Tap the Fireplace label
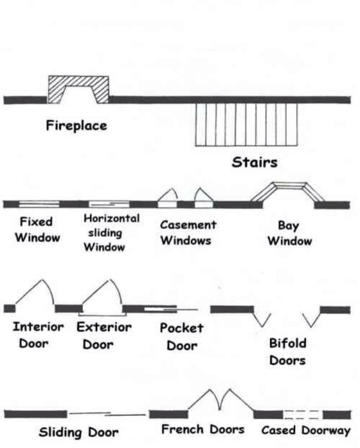pos(76,125)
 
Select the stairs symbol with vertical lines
pos(246,124)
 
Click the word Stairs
pos(255,162)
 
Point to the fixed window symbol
pos(39,204)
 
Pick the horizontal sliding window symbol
pos(109,204)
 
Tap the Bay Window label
pos(289,233)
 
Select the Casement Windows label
pos(188,232)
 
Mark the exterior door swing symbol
pos(102,296)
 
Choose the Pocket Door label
pos(182,336)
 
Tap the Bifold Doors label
pos(288,352)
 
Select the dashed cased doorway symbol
pos(302,415)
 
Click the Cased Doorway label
pos(306,430)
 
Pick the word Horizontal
pos(112,218)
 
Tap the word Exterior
pos(104,327)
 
